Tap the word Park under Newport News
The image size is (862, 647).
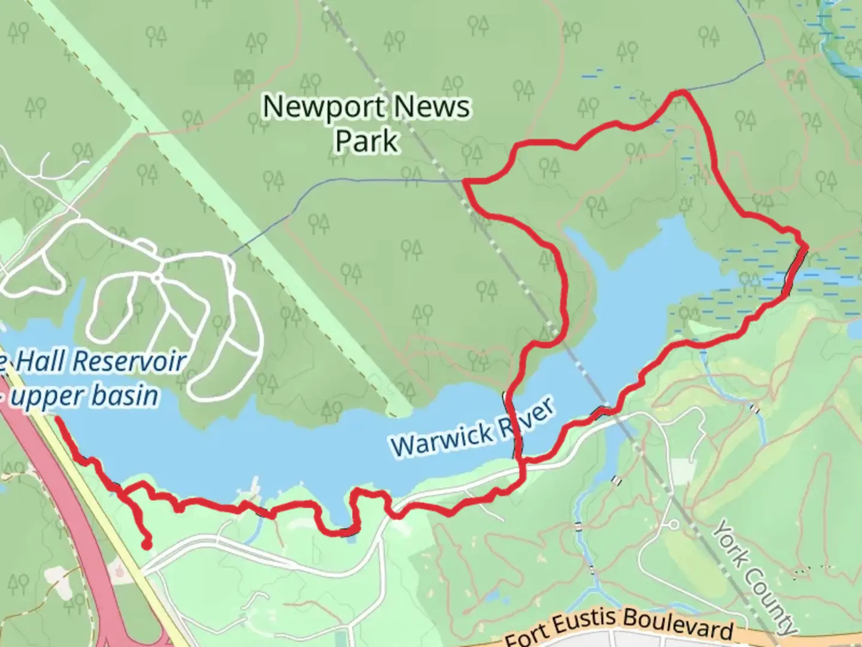366,141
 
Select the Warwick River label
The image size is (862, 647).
473,428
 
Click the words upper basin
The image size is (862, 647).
84,396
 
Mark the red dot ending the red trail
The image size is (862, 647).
145,545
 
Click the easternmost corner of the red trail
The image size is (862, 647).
806,246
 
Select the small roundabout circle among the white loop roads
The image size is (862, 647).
157,278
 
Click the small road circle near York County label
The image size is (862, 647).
673,525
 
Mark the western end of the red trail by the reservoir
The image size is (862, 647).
57,419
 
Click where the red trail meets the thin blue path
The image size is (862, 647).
465,180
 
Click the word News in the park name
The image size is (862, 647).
432,108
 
